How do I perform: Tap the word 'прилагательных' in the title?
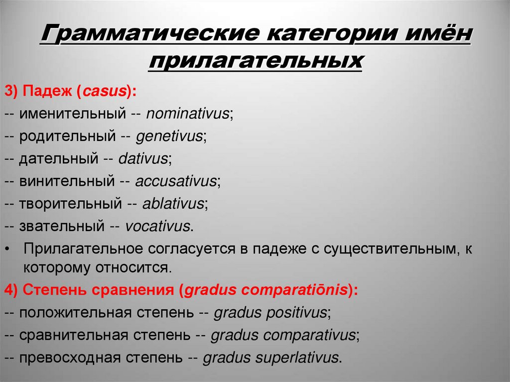coord(255,62)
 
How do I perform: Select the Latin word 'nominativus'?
coord(187,114)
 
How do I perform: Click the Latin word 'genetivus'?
coord(169,136)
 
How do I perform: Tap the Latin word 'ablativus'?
coord(173,204)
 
